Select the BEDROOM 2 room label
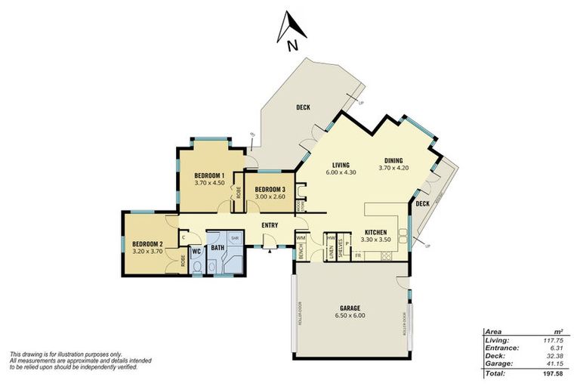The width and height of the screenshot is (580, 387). coord(147,244)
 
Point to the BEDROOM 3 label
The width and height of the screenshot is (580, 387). coord(270,189)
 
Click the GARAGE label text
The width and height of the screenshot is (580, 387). coord(350,308)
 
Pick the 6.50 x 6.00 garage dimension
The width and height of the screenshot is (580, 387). coord(350,316)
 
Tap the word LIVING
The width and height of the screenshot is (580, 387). coord(344,164)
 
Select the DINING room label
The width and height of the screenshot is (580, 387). coord(393,160)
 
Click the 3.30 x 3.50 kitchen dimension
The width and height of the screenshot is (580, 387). coord(376,240)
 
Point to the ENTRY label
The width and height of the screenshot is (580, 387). coord(269,225)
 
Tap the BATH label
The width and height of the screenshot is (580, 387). coord(217,246)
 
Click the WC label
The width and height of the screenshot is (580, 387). coord(195,250)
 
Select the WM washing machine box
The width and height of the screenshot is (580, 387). coord(300,238)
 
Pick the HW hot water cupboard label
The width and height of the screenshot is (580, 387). coord(331,238)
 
